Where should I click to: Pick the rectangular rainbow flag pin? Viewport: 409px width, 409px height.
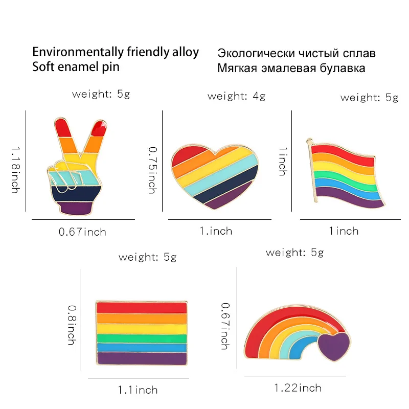coord(141,332)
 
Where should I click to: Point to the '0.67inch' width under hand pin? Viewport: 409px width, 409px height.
coord(82,232)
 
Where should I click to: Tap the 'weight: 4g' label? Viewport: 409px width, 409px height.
coord(236,96)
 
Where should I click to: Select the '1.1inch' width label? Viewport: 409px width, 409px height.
coord(138,390)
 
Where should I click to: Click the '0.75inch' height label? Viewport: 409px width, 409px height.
coord(152,170)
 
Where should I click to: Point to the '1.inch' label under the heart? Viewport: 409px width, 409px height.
coord(216,231)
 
